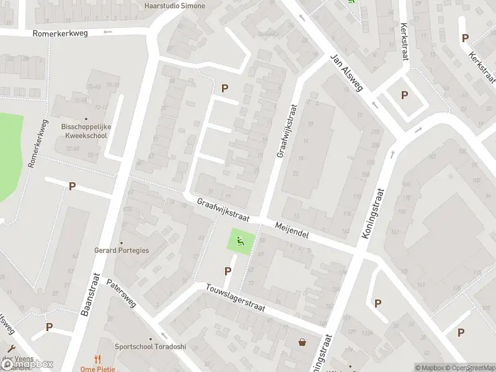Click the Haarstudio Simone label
click(x=174, y=6)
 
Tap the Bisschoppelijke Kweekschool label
click(x=86, y=130)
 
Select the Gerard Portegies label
click(x=122, y=250)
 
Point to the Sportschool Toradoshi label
click(x=150, y=347)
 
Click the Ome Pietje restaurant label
click(x=97, y=368)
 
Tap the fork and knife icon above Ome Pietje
click(x=97, y=358)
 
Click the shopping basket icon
click(x=302, y=342)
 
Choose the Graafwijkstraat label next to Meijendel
click(x=223, y=211)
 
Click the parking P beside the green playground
click(x=228, y=271)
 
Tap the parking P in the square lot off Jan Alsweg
click(x=404, y=95)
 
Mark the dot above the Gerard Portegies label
click(x=122, y=243)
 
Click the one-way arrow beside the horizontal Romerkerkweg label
click(x=107, y=32)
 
